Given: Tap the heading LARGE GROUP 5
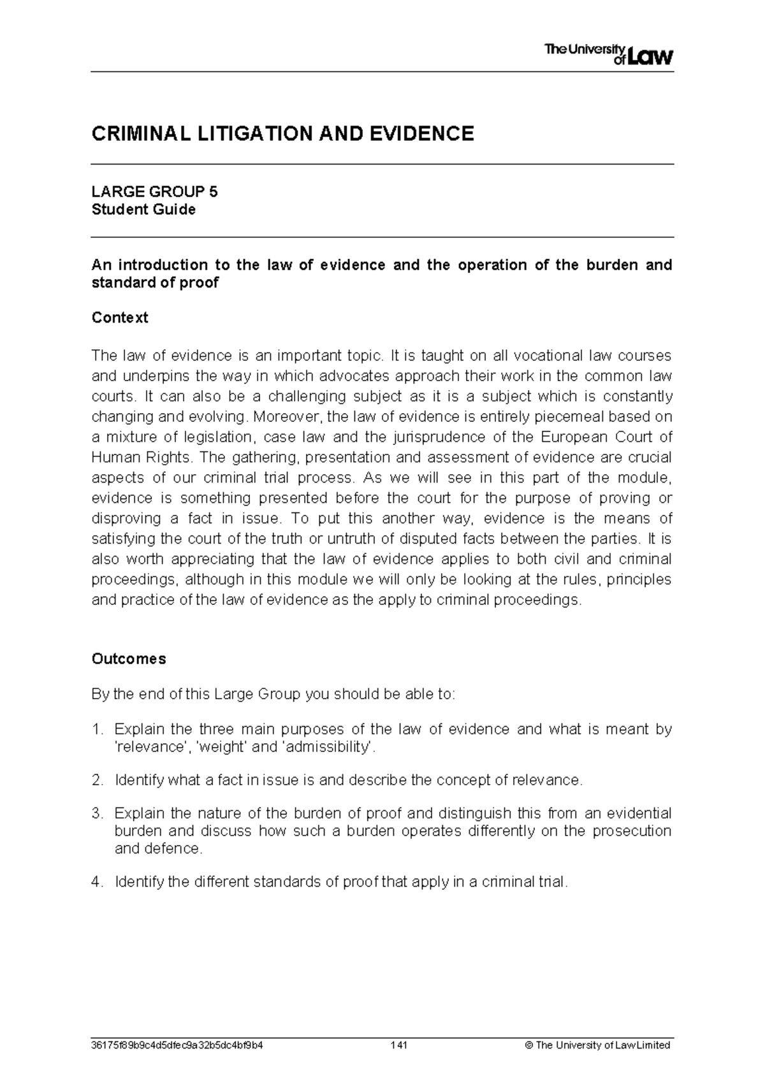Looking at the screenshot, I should point(154,192).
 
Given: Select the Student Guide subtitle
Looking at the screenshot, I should point(143,210).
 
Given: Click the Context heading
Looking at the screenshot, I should point(120,317).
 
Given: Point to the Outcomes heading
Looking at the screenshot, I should point(129,658).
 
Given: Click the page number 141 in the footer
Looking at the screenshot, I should point(399,1045).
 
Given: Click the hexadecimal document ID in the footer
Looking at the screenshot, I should point(177,1045).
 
